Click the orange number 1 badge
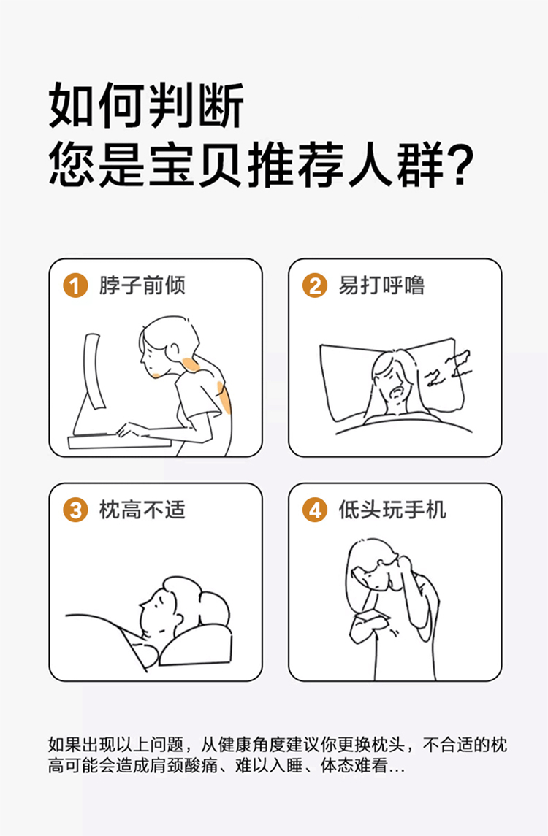point(75,285)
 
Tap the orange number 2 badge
point(315,285)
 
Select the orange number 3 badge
point(75,510)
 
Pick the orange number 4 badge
point(315,510)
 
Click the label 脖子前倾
point(142,285)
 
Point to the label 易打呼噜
point(382,285)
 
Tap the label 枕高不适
point(142,510)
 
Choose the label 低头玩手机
point(392,510)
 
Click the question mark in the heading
point(460,165)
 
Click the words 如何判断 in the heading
point(146,105)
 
